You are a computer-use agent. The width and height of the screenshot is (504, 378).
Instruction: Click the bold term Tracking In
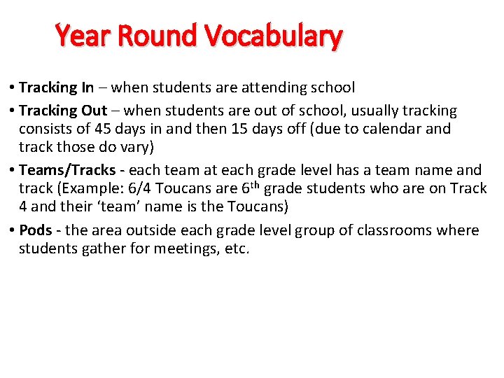click(x=56, y=87)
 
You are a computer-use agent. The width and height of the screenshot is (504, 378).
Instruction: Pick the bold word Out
click(x=94, y=111)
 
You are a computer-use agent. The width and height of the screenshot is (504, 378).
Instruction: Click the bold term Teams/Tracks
click(x=67, y=170)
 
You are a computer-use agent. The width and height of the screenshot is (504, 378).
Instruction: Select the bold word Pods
click(x=35, y=230)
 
